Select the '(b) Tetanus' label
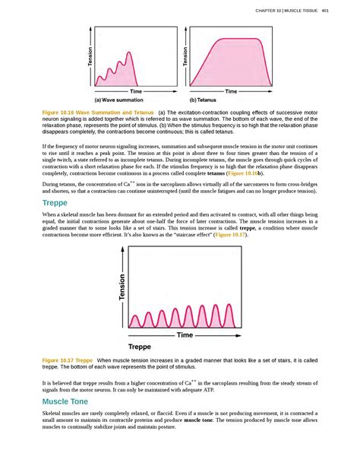pyautogui.click(x=202, y=99)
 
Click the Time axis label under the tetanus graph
pyautogui.click(x=231, y=90)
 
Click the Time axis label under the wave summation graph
pyautogui.click(x=136, y=90)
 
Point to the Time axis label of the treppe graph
pyautogui.click(x=185, y=334)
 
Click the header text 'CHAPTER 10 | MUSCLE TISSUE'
pyautogui.click(x=287, y=11)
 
